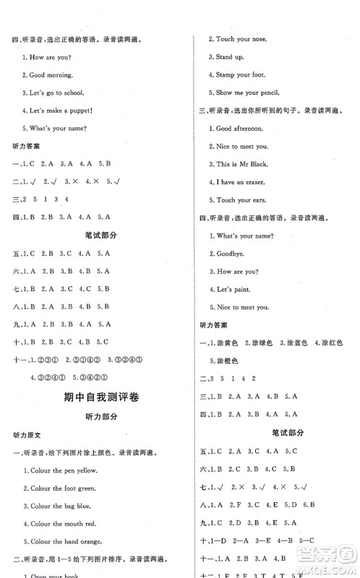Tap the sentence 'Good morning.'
48,74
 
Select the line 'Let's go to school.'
53,92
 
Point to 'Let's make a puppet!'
57,111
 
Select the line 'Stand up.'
225,56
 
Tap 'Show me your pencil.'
241,92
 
